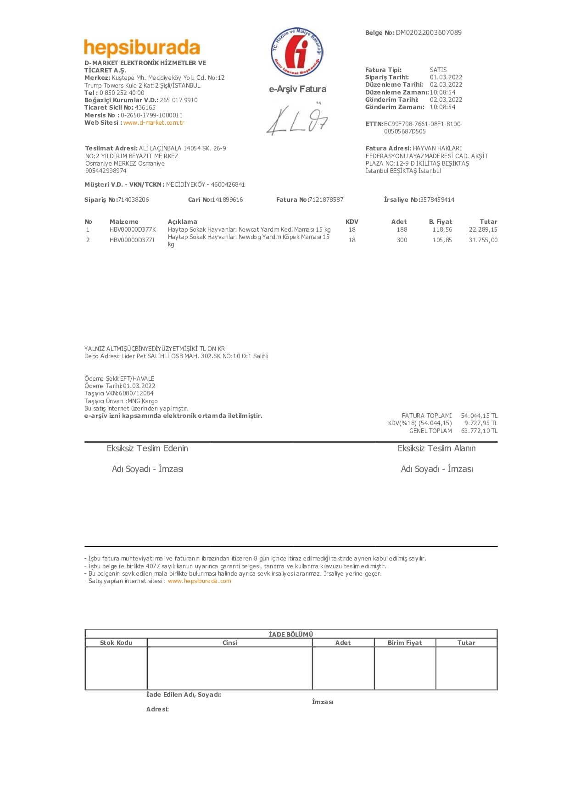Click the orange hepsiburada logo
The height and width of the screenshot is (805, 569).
coord(142,48)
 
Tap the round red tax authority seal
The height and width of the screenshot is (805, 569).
coord(297,52)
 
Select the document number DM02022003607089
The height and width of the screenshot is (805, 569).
coord(429,33)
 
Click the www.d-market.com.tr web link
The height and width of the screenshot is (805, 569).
coord(154,123)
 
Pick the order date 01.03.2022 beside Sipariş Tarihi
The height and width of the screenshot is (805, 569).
coord(446,78)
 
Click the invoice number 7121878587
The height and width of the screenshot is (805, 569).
coord(326,200)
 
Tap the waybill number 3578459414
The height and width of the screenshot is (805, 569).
coord(437,200)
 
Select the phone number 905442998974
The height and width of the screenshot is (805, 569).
coord(106,171)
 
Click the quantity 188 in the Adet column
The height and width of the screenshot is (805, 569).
coord(402,230)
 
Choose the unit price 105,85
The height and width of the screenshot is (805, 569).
coord(442,240)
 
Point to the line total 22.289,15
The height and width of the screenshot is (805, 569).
coord(483,230)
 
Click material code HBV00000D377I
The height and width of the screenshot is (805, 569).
coord(132,240)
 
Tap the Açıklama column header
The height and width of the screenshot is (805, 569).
coord(182,222)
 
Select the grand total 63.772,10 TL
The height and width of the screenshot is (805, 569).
coord(479,431)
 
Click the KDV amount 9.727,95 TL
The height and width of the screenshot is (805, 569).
coord(480,423)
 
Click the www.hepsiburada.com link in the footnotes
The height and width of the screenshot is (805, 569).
coord(199,581)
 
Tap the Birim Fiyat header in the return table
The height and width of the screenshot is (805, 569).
coord(405,643)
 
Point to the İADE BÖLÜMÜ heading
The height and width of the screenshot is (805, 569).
coord(291,635)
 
